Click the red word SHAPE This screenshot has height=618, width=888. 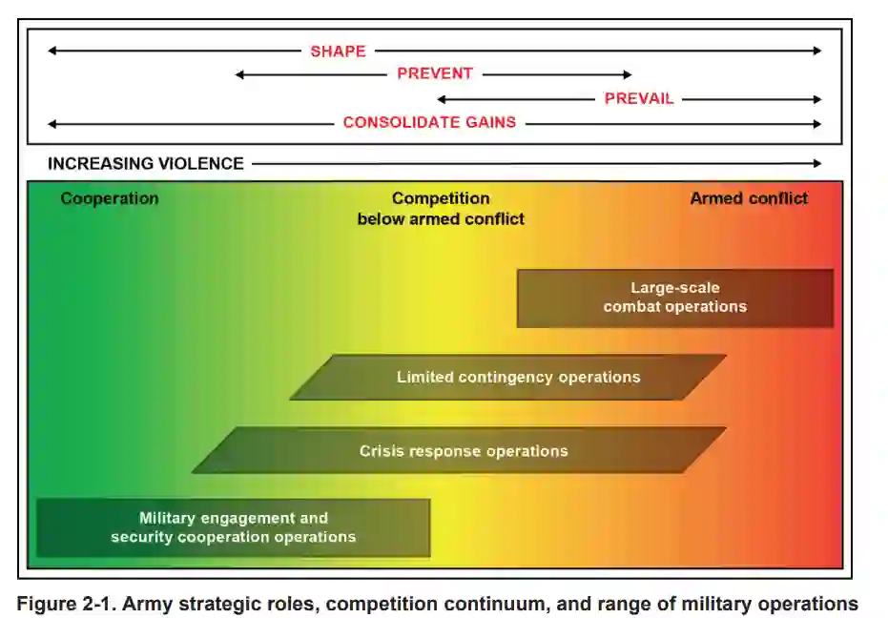(338, 51)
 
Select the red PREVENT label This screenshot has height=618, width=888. (435, 74)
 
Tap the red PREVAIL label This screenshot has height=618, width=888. (639, 98)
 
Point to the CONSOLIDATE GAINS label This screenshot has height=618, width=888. (429, 123)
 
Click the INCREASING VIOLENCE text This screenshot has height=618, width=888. (146, 164)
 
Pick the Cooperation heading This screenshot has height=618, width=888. (110, 198)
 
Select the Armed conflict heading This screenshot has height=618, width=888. (749, 198)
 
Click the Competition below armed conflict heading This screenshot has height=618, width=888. (441, 209)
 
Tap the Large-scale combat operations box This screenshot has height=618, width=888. (674, 298)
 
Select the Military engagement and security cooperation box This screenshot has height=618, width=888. (233, 527)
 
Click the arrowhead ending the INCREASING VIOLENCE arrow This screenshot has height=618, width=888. (816, 164)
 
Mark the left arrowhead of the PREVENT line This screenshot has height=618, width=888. (240, 74)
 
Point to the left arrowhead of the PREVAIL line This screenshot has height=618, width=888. (442, 99)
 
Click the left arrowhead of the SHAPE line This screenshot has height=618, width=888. (52, 51)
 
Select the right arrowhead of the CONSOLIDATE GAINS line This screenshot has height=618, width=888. (816, 123)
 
